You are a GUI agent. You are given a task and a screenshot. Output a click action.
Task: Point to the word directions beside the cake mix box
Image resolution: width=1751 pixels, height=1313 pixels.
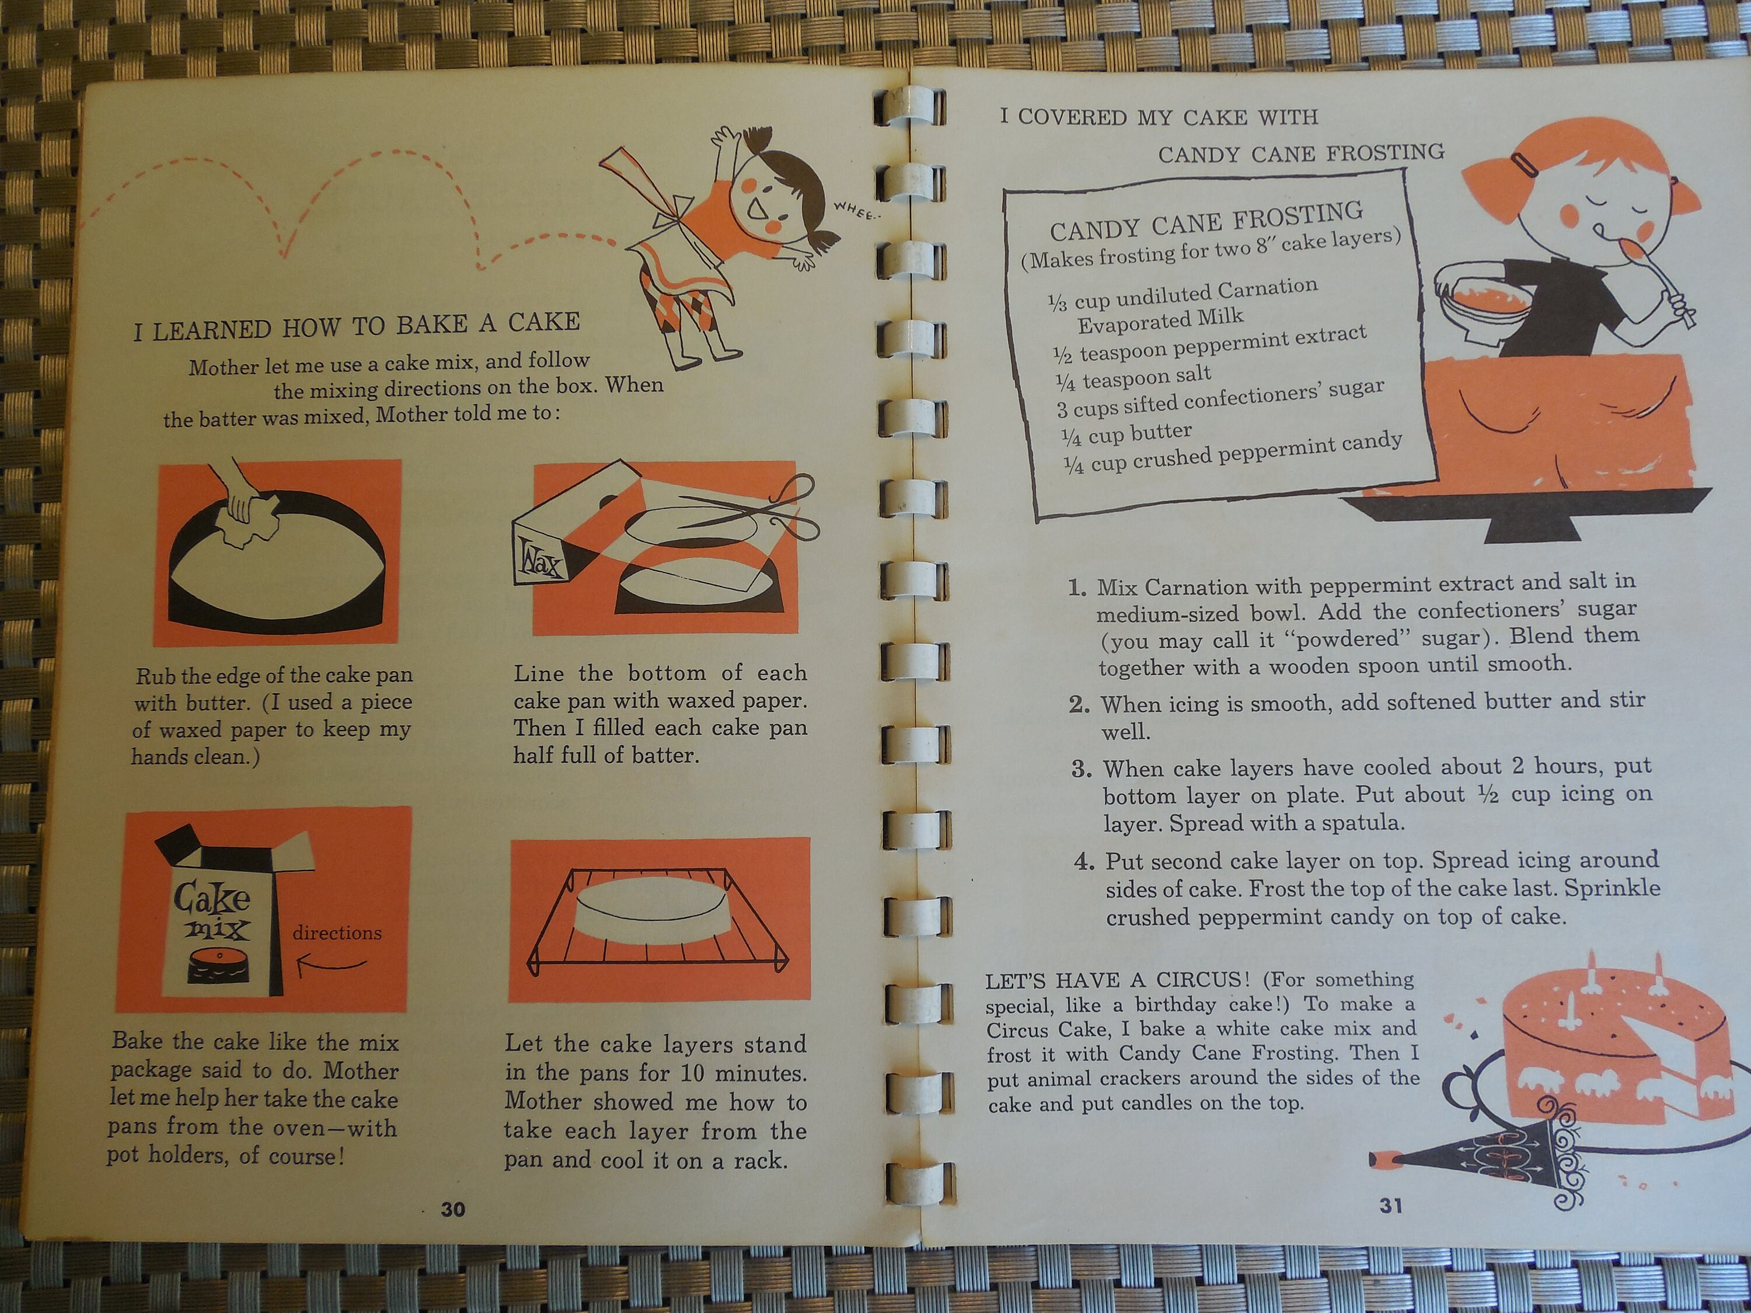click(336, 933)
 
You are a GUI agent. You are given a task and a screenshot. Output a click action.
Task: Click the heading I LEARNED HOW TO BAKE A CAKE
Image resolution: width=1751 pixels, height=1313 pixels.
click(356, 325)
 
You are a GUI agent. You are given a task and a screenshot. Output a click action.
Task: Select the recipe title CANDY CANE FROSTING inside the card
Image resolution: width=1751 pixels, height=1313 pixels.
click(1206, 220)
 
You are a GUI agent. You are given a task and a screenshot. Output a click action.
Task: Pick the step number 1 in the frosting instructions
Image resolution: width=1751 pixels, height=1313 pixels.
click(1076, 587)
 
